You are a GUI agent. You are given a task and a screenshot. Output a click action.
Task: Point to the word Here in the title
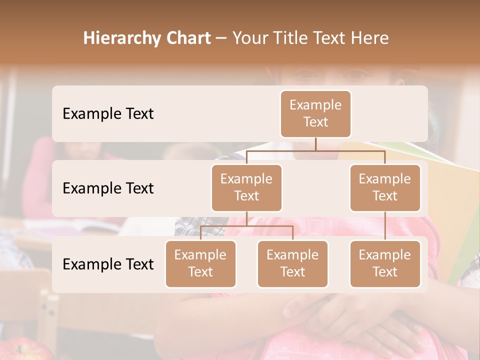click(x=370, y=38)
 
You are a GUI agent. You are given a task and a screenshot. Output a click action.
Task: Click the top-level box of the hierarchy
click(x=315, y=113)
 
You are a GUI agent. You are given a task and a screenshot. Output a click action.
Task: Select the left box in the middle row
click(x=246, y=187)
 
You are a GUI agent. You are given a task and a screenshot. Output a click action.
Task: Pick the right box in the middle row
click(x=385, y=187)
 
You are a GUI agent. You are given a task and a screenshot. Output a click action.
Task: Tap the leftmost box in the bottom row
click(x=200, y=263)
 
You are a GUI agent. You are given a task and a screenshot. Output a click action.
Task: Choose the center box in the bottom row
click(x=292, y=263)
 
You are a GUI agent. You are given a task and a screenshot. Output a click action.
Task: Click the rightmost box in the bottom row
click(x=385, y=263)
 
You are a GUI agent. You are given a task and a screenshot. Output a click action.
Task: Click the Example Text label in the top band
click(x=108, y=113)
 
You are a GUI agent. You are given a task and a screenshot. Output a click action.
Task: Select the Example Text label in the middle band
click(x=108, y=188)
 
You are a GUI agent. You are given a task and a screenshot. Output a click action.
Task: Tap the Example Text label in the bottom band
click(x=108, y=264)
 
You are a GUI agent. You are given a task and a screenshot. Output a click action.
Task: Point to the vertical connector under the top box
click(x=315, y=144)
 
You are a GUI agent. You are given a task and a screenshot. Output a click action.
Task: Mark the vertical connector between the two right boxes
click(x=385, y=226)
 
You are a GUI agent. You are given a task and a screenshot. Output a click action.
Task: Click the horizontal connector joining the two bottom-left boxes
click(x=246, y=226)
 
